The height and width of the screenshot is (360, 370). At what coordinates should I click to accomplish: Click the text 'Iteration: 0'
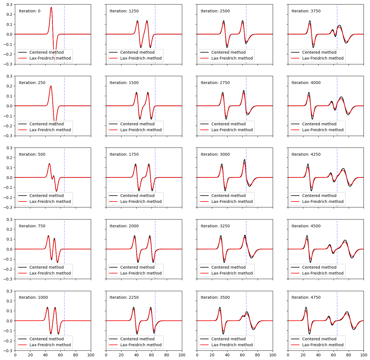[30, 11]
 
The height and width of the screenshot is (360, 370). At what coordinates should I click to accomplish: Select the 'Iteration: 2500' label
[215, 11]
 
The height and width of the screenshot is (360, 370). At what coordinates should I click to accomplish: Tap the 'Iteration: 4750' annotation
[306, 298]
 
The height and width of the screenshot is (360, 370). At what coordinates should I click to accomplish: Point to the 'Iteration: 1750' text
[124, 155]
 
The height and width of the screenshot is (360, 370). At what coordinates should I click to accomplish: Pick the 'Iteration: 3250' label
[215, 226]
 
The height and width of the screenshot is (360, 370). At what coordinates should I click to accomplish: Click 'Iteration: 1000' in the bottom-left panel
[33, 298]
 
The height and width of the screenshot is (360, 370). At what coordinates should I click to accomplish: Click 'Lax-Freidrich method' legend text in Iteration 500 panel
[50, 201]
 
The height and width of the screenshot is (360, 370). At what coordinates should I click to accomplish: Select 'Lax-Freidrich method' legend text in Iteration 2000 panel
[141, 273]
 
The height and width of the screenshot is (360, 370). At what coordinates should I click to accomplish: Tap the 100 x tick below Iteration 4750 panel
[364, 355]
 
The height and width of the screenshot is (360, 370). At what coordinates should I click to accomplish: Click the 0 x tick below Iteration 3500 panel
[197, 355]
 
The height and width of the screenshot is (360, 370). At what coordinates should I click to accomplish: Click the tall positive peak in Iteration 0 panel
[51, 8]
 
